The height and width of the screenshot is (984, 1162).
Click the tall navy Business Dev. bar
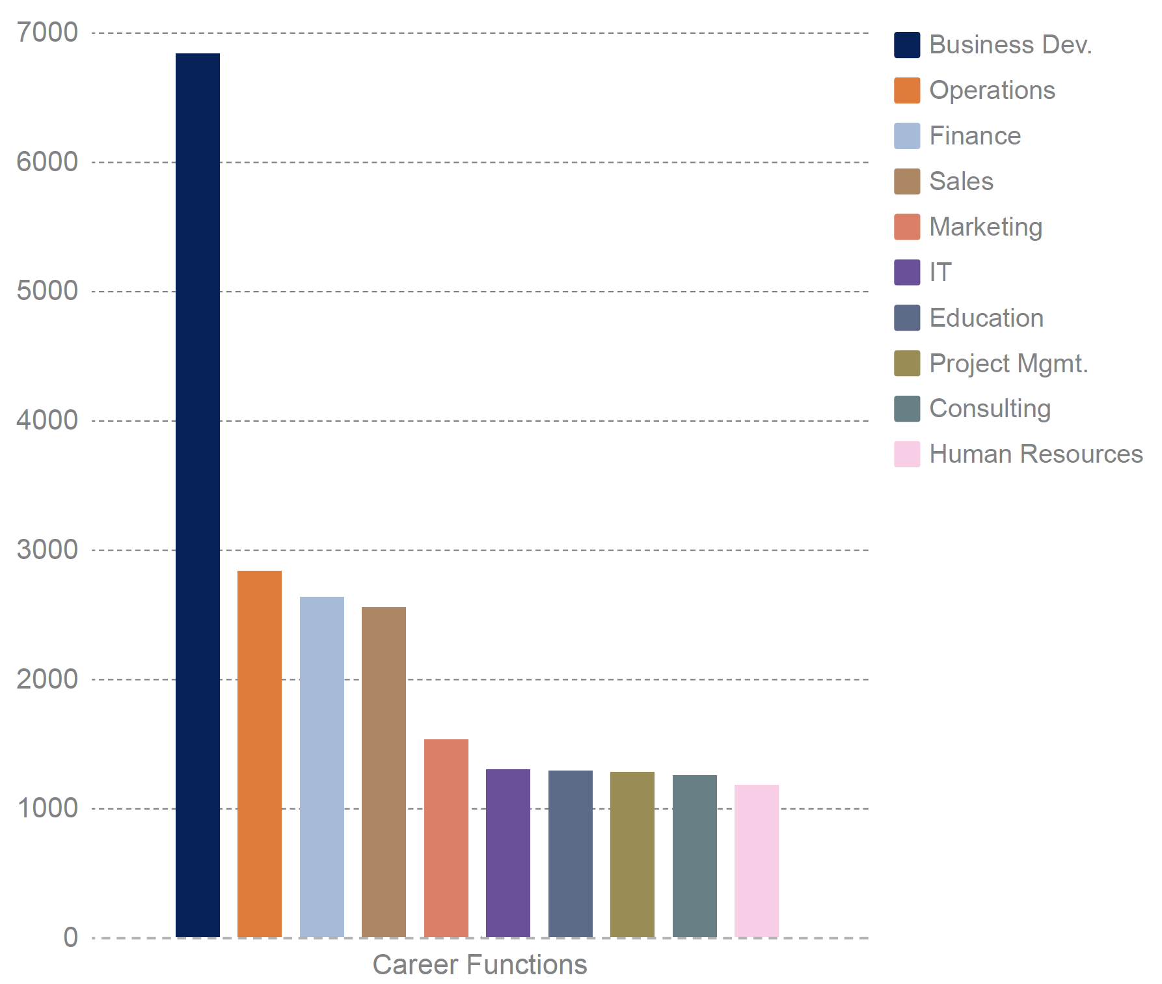[198, 495]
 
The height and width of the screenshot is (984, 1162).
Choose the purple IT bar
[508, 853]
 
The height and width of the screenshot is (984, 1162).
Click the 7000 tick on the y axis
[47, 33]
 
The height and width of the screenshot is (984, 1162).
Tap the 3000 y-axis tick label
[47, 550]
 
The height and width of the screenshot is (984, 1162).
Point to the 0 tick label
[70, 938]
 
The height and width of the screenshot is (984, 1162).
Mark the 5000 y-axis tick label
[47, 291]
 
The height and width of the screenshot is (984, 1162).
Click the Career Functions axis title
[480, 964]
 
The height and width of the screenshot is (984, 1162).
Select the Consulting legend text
[990, 409]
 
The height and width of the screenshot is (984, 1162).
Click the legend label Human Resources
[1036, 454]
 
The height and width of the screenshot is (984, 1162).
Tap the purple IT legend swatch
[907, 272]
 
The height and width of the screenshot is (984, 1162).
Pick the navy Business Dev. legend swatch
[907, 45]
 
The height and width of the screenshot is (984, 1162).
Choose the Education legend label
[986, 318]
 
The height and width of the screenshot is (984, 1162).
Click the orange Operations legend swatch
[907, 90]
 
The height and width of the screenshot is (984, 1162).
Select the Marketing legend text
[986, 227]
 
